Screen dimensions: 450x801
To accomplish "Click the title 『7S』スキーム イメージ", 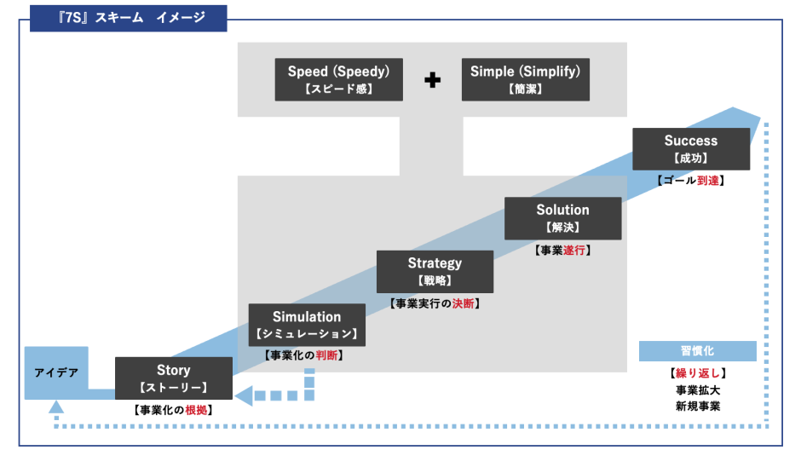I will tap(128, 17).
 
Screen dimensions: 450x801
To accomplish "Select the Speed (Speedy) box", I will tap(338, 79).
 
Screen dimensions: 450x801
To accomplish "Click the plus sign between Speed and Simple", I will tap(433, 81).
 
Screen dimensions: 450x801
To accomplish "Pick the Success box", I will tap(691, 149).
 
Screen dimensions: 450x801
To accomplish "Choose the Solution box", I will tap(562, 218).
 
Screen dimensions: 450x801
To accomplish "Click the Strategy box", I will tap(435, 272).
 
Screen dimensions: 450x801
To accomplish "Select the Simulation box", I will tap(307, 325).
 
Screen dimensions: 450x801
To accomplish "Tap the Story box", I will tap(173, 378).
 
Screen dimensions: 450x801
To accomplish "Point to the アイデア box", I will tap(56, 372).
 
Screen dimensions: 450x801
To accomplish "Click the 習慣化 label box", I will tap(698, 351).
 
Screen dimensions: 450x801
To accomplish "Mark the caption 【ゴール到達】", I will tap(691, 181).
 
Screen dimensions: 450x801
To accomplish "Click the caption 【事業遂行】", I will tap(562, 251).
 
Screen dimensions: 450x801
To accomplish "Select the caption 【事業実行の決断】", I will tap(435, 303).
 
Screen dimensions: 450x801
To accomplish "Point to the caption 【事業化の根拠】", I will tap(173, 410).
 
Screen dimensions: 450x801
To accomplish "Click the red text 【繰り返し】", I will tap(698, 373).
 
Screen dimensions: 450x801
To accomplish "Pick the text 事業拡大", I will tap(698, 389).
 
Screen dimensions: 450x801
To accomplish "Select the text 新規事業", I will tap(698, 406).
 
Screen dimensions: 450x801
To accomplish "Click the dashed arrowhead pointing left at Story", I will tap(243, 395).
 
